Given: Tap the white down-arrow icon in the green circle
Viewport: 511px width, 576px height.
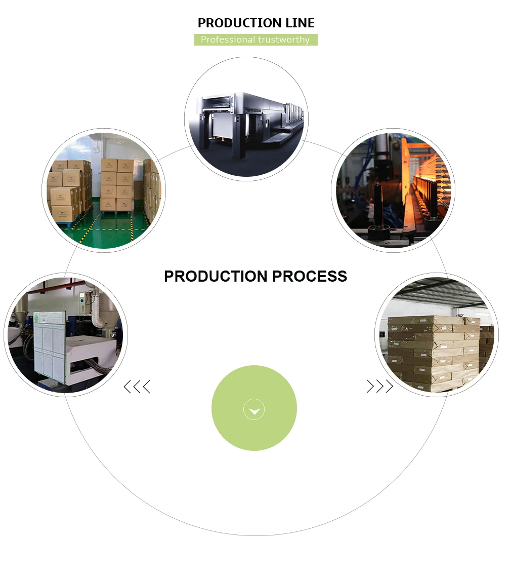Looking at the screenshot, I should click(254, 410).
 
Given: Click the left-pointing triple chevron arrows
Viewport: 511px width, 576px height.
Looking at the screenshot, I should click(137, 388).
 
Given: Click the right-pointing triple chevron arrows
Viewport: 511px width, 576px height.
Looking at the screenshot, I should click(379, 387).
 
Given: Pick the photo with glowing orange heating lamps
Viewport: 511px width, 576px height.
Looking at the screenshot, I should click(393, 190).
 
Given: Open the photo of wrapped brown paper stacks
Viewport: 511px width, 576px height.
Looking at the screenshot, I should click(437, 335).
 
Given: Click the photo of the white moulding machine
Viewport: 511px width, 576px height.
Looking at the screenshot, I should click(66, 335).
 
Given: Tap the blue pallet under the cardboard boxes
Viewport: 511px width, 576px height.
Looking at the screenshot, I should click(66, 224).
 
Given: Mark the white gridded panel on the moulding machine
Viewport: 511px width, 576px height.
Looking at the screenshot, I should click(50, 344).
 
